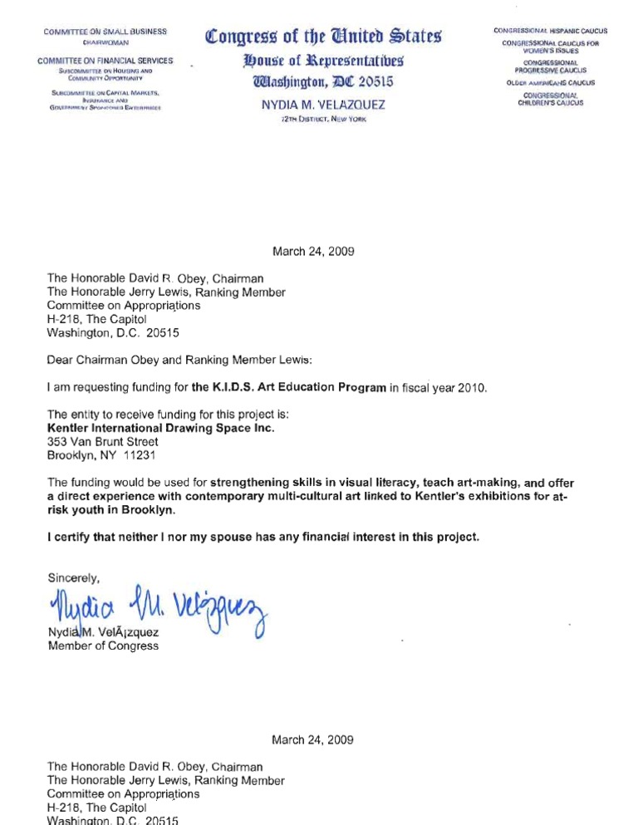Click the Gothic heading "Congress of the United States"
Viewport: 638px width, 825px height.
pos(323,37)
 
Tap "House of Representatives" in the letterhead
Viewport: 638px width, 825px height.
pos(323,61)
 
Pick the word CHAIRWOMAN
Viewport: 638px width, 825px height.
pos(105,41)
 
